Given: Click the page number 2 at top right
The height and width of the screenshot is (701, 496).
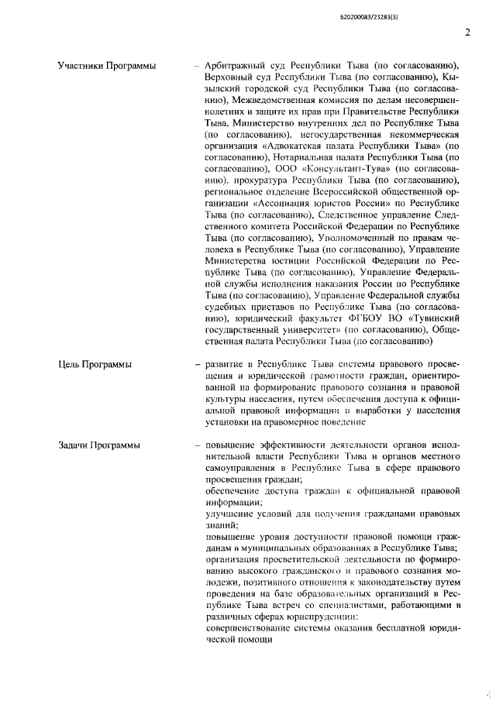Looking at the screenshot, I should [467, 32].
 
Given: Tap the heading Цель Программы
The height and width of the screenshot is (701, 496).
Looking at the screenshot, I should [95, 363].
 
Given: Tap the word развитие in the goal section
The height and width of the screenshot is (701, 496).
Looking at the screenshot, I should [228, 363].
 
